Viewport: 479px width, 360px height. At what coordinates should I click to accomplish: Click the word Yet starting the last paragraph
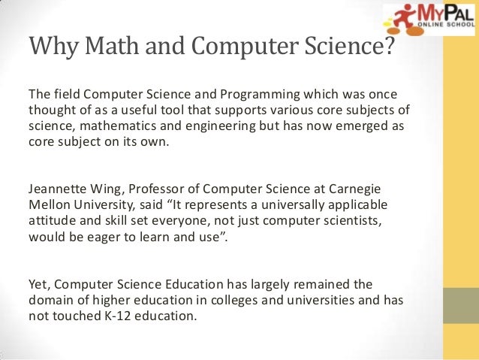coord(39,285)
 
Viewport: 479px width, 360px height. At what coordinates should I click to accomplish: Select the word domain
coord(51,300)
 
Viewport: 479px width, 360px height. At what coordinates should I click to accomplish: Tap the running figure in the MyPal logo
coord(399,18)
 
